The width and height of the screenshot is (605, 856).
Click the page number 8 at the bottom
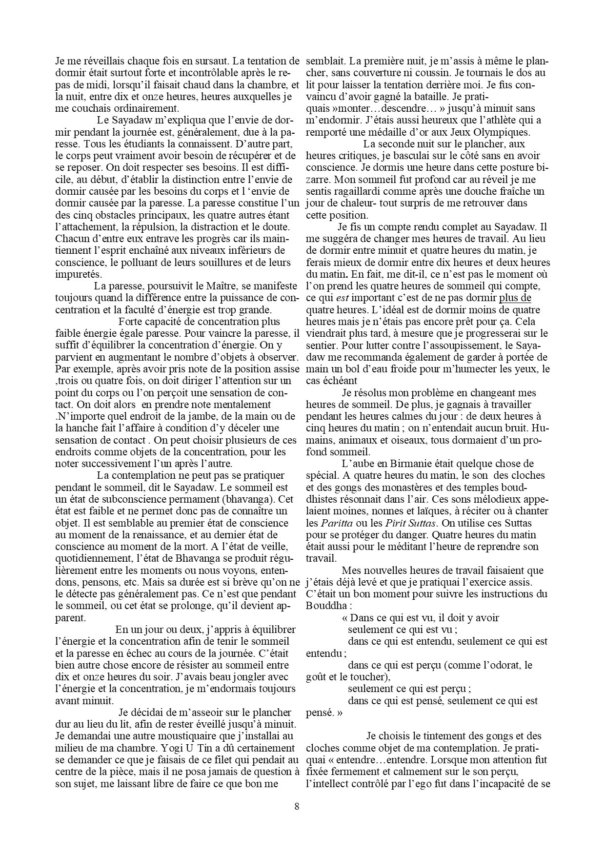point(297,806)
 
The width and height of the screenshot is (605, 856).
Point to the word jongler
point(243,677)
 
